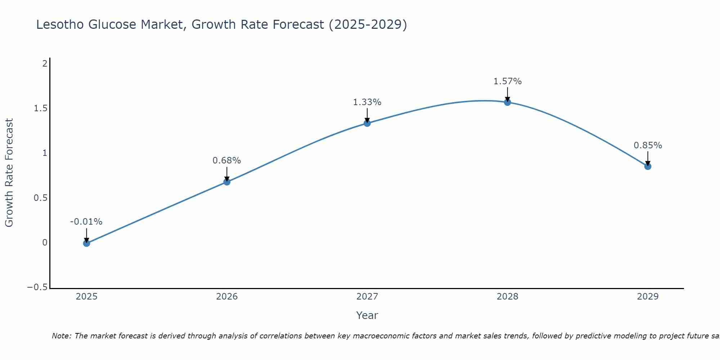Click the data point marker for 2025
86,243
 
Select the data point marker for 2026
227,182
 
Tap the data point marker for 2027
367,123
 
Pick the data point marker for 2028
508,102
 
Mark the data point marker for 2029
648,166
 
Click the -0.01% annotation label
86,222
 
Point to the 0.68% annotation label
227,161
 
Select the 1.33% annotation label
367,102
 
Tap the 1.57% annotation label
508,81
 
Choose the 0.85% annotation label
648,145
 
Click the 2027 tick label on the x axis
367,297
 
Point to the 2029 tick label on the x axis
648,297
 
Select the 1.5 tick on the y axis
41,108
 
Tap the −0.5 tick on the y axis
37,287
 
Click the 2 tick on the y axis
45,64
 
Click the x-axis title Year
367,315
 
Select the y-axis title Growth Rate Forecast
9,173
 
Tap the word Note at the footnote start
61,336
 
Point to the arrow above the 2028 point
508,94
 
